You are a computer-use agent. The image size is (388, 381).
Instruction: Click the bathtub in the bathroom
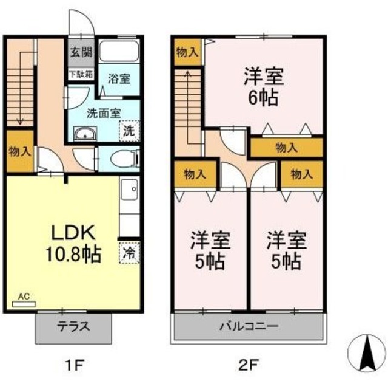pos(119,52)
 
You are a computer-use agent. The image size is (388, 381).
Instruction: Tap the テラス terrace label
pos(74,326)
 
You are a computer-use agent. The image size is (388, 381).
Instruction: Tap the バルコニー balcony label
pos(249,326)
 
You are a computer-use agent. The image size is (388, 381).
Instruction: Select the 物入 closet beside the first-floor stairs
pos(20,151)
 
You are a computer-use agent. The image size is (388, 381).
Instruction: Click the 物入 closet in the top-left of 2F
pos(186,53)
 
